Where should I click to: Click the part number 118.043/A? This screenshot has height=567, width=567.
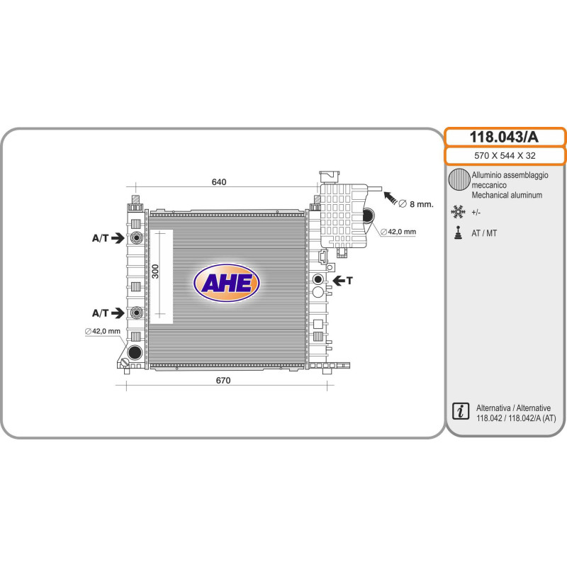coord(504,137)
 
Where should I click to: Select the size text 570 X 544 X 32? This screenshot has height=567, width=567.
coord(505,156)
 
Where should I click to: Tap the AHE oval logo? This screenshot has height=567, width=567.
coord(227,283)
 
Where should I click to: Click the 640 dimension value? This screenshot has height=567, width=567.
coord(219,181)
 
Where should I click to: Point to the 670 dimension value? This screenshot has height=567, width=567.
coord(223,381)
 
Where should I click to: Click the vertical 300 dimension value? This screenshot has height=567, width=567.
coord(155,271)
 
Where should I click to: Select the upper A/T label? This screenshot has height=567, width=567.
coord(100,238)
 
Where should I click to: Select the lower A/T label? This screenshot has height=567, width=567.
coord(100,313)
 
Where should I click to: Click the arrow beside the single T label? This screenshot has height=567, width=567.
coord(339,280)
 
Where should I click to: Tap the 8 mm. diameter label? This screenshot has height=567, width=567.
coord(416,204)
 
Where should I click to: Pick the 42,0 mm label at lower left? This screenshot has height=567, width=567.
coord(102,331)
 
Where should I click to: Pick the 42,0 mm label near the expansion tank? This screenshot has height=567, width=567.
coord(398,232)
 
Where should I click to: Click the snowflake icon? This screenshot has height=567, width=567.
coord(458,212)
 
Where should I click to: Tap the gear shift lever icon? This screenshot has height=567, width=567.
coord(458,233)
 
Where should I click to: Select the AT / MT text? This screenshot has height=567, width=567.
coord(484,233)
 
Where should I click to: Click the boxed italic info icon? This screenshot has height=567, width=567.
coord(461,411)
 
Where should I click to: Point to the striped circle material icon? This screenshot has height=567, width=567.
coord(459,180)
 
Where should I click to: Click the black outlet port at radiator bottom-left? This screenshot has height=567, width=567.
coord(135,352)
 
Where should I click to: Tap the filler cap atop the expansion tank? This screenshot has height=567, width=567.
coord(329,176)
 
